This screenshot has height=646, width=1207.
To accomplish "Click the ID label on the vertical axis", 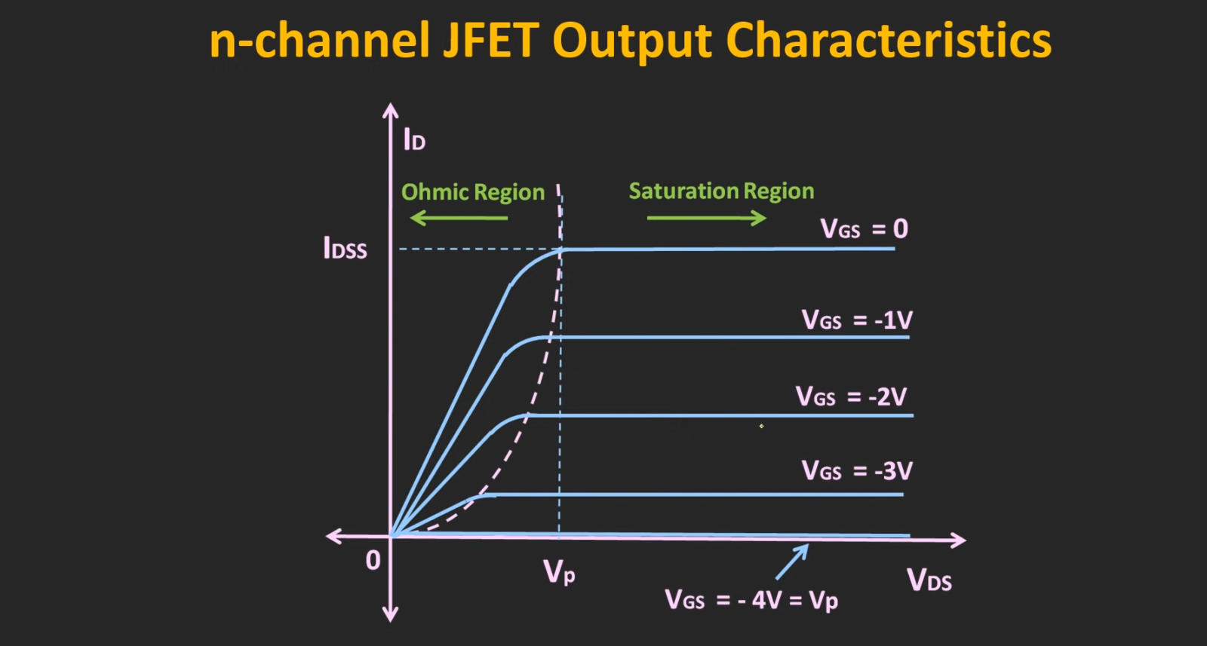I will (x=414, y=140).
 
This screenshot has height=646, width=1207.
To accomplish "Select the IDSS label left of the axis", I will (x=345, y=248).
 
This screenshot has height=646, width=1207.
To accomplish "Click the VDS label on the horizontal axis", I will (x=929, y=580).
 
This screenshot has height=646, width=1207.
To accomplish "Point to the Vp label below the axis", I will (x=559, y=573).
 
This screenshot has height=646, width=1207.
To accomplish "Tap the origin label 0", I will (x=373, y=561).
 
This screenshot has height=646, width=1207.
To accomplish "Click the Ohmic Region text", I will (x=472, y=193).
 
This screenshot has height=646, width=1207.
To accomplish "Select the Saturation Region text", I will (x=721, y=191).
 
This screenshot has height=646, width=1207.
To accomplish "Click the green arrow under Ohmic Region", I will (x=458, y=219).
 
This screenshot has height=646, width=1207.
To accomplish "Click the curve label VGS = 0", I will (x=864, y=228).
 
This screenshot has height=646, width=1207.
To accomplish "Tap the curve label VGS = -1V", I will (x=856, y=320).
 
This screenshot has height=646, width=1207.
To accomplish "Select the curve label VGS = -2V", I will (x=851, y=396).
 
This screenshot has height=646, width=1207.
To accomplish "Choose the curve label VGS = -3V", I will (x=856, y=471).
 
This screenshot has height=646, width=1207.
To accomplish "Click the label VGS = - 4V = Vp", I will (x=751, y=600).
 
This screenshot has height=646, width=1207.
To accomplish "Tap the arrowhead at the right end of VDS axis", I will (x=959, y=540).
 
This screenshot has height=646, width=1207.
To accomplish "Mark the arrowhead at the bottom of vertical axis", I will (x=390, y=615).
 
